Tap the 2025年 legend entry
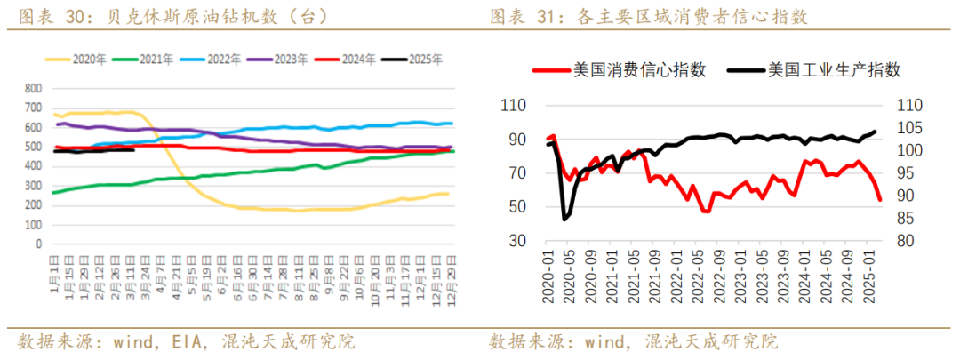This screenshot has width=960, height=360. click(x=424, y=60)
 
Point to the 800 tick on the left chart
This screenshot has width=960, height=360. click(x=33, y=89)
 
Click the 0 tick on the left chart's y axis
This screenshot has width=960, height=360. click(x=37, y=243)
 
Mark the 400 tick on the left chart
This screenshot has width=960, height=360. click(x=33, y=166)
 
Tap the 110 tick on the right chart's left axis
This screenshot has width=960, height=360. click(x=513, y=105)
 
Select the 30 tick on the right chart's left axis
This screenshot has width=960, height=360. click(x=517, y=241)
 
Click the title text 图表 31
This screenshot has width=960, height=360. click(x=520, y=15)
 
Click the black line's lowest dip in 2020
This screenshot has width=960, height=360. click(x=564, y=218)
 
